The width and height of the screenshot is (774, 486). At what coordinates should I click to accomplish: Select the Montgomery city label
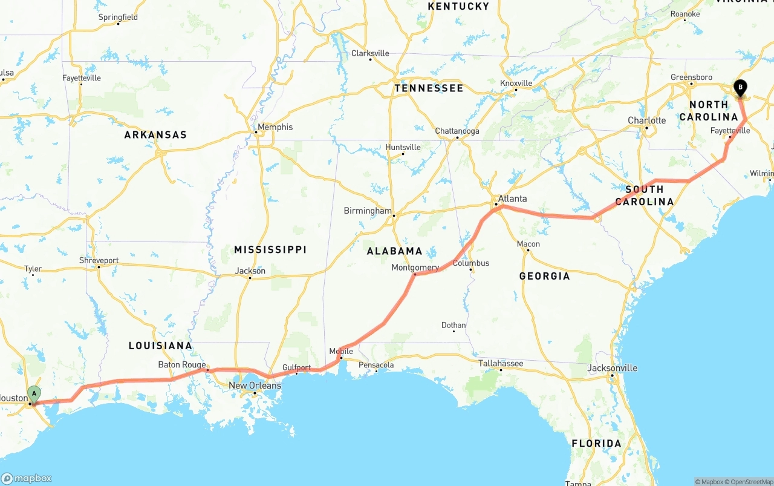[x=415, y=268]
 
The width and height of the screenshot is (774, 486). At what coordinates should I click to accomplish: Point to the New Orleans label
[x=255, y=386]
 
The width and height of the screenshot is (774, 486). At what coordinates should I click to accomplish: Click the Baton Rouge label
[x=182, y=365]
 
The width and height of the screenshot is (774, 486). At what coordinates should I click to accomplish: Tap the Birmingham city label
[x=368, y=211]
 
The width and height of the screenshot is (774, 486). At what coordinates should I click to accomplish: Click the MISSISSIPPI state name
[x=270, y=249]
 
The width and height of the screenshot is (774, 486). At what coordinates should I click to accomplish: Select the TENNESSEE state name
[x=429, y=88]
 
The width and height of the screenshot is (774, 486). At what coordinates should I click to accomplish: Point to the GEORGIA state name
[x=544, y=276]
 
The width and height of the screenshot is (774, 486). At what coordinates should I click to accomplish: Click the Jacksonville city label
[x=613, y=368]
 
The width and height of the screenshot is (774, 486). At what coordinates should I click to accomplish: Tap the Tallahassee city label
[x=501, y=363]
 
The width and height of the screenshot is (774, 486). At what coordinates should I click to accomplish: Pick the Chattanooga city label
[x=457, y=131]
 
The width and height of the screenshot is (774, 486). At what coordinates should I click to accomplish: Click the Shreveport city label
[x=99, y=260]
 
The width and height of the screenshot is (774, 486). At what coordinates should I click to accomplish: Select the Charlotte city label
[x=646, y=120]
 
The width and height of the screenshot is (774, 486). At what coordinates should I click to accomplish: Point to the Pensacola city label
[x=376, y=365]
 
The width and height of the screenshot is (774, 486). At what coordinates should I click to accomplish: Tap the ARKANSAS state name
[x=155, y=135]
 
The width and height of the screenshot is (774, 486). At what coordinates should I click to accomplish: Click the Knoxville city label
[x=516, y=83]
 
